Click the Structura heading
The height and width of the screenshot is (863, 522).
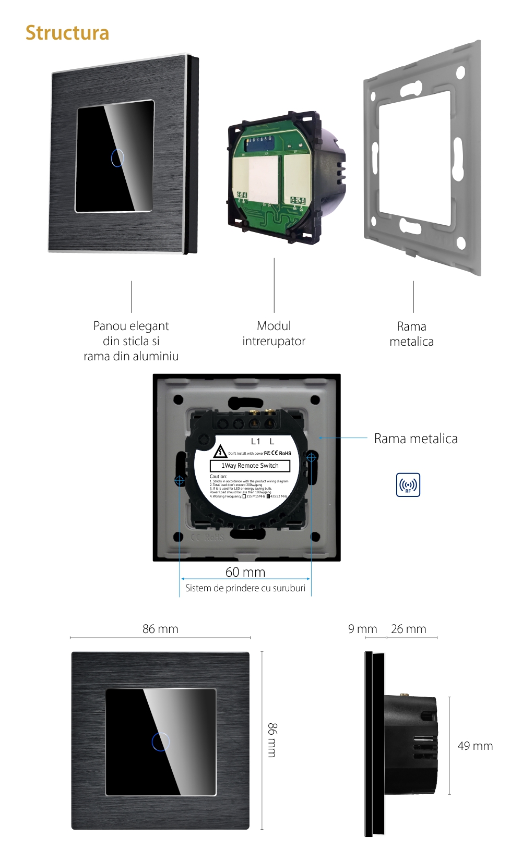(x=67, y=33)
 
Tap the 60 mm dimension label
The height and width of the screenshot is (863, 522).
(x=245, y=572)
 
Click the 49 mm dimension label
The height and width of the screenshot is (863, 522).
(x=475, y=746)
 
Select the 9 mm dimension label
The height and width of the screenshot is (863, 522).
(x=362, y=629)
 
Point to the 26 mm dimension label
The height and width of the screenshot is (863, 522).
(x=408, y=629)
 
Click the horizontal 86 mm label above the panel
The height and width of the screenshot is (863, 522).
(x=160, y=629)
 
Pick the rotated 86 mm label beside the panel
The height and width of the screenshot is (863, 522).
(x=272, y=740)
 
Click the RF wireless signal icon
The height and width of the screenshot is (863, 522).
(x=408, y=485)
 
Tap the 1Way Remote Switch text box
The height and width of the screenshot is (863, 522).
(x=250, y=466)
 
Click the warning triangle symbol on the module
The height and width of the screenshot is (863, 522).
(x=220, y=452)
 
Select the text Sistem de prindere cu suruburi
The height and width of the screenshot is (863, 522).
(x=245, y=588)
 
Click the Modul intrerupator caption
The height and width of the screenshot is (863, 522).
(x=274, y=334)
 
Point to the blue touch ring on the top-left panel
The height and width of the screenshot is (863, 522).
(x=117, y=157)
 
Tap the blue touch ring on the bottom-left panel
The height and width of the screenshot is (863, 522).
(x=161, y=742)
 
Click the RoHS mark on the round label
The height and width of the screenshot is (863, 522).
(x=285, y=453)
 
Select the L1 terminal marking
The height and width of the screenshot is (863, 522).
(x=255, y=441)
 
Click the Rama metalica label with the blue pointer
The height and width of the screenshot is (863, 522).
(x=416, y=439)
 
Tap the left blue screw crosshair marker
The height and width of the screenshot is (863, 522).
(x=179, y=480)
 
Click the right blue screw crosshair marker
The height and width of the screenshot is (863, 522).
(x=311, y=457)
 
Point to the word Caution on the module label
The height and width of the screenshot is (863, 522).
(x=218, y=476)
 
